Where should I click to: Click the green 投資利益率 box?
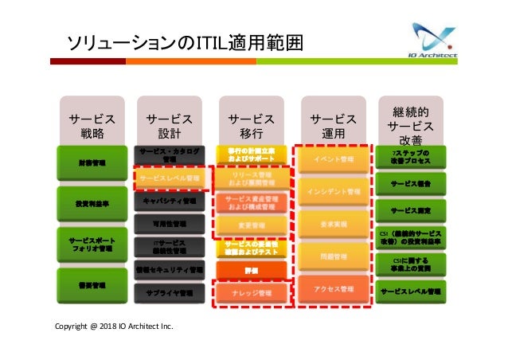coord(92,203)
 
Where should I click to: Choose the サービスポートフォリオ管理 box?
coord(92,244)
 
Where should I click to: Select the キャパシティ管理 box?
coord(169,202)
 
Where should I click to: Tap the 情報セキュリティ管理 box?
coord(169,270)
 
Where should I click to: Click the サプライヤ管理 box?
coord(169,293)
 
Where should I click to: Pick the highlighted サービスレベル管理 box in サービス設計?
coord(169,179)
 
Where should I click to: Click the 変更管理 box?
coord(252,225)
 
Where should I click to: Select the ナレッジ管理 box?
coord(252,294)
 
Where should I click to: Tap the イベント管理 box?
coord(334,160)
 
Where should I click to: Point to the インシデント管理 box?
coord(334,192)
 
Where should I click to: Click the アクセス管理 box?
coord(334,289)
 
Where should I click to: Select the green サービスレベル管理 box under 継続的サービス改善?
coord(412,292)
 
